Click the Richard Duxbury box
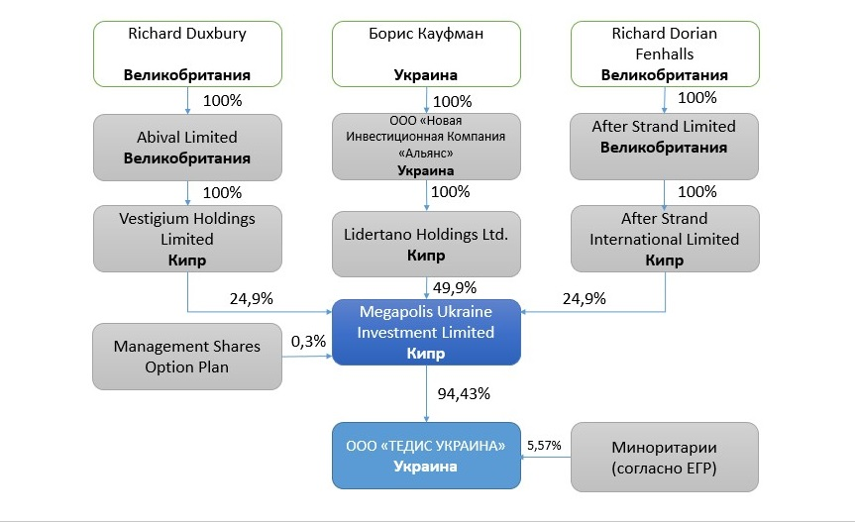(x=187, y=53)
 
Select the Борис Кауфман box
(x=426, y=53)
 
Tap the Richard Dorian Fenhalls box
(x=665, y=53)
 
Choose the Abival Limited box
(x=187, y=147)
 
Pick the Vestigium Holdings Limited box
(x=187, y=238)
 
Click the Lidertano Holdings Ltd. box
(x=426, y=244)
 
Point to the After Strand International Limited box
(x=665, y=238)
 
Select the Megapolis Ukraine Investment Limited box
(x=426, y=332)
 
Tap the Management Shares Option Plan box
(x=187, y=356)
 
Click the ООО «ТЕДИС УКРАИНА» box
(x=426, y=455)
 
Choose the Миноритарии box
(x=665, y=455)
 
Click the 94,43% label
(x=465, y=393)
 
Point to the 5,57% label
(x=544, y=446)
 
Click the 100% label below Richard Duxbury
(x=222, y=101)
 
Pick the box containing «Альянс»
(x=426, y=147)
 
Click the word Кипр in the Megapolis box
(x=426, y=354)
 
